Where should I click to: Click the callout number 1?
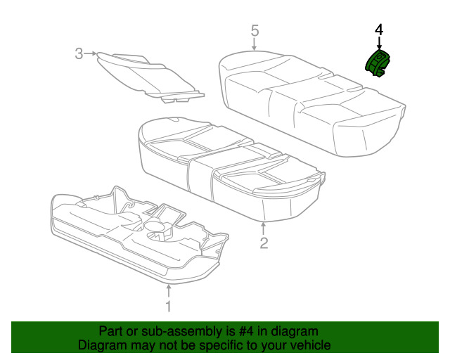[167, 306]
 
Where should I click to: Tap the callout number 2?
[264, 243]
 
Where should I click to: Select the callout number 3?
[79, 53]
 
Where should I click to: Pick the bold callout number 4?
[379, 30]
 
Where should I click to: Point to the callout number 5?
[255, 30]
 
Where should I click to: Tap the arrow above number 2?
[264, 227]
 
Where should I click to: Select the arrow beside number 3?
[91, 53]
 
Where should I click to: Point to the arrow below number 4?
[379, 44]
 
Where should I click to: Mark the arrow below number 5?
[255, 45]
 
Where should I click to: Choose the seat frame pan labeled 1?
[134, 232]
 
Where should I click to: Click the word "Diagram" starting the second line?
[102, 345]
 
